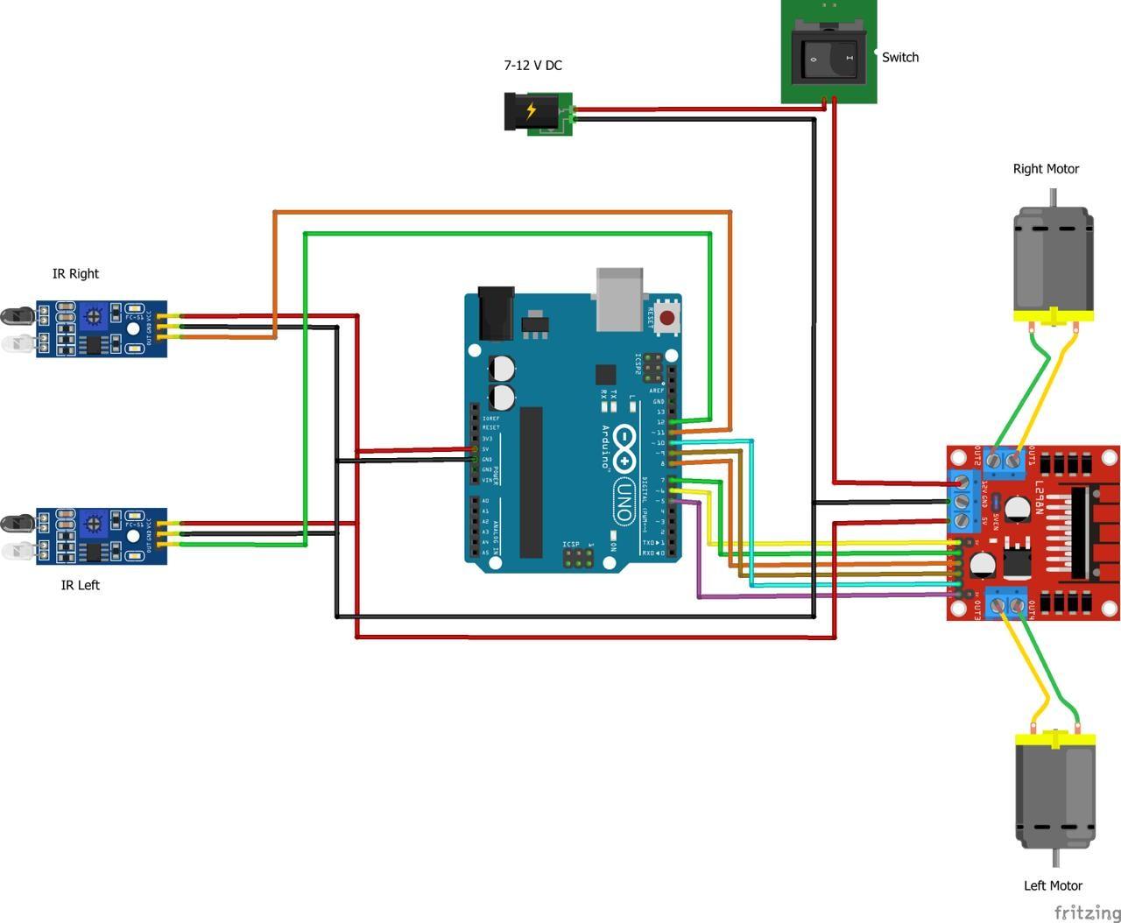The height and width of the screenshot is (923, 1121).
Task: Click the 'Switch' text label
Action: (899, 58)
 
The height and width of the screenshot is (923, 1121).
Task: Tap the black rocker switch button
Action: (828, 59)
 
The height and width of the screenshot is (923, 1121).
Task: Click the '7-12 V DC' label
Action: (532, 66)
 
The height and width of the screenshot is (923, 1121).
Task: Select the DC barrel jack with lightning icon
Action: (531, 112)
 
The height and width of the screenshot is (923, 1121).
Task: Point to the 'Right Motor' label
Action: (1046, 169)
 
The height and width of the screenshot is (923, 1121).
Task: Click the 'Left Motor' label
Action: (1053, 885)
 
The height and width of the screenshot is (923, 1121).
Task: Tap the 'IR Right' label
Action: (75, 274)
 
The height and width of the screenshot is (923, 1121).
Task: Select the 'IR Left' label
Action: (80, 585)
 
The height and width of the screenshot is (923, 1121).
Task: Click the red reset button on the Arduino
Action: (668, 318)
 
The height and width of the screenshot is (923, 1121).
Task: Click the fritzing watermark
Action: (1086, 912)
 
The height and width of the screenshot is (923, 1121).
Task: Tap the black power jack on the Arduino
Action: (496, 314)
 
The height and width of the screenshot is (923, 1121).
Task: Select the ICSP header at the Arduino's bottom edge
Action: (576, 557)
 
